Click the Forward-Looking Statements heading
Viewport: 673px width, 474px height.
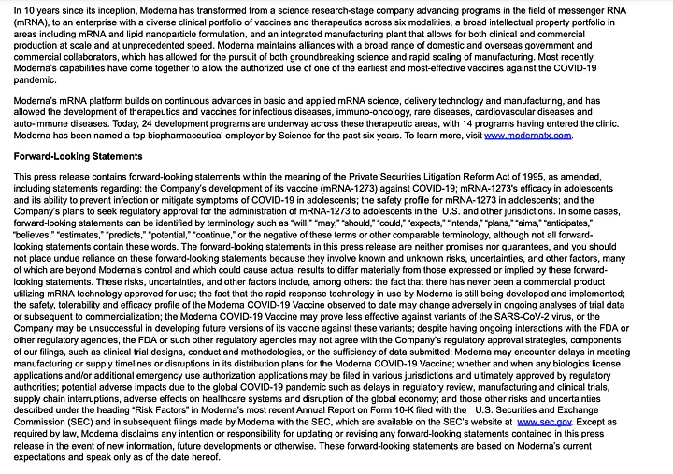[x=78, y=156]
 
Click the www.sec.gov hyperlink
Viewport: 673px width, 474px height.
[x=541, y=423]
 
